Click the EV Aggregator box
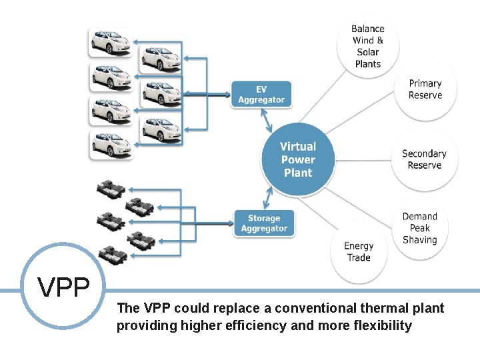[261, 94]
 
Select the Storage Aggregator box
[264, 223]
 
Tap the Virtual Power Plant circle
[298, 159]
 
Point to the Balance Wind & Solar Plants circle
[368, 46]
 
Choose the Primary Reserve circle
[425, 89]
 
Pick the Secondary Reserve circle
[424, 159]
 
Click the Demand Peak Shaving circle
[420, 228]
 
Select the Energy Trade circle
[359, 251]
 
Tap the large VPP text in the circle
[64, 287]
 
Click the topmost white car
[111, 41]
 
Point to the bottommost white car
[111, 145]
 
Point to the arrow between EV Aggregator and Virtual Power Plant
[269, 120]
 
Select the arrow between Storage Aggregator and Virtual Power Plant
[269, 198]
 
